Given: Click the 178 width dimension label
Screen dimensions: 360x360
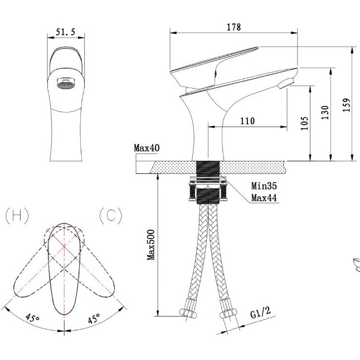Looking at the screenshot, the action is click(234, 27).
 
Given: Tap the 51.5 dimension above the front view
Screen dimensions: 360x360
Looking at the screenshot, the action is click(66, 32).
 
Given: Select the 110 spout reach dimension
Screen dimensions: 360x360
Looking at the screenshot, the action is click(247, 121).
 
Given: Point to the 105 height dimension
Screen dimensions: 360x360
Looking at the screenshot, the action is click(304, 123).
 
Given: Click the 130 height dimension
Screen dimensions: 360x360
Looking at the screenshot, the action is click(325, 112).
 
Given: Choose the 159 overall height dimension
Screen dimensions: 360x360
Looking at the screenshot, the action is click(347, 105).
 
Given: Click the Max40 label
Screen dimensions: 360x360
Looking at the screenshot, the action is click(147, 148).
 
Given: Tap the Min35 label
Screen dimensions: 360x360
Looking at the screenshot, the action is click(264, 186).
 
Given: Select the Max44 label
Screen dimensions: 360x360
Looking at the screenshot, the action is click(264, 198).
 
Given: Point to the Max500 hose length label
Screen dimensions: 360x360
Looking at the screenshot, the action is click(151, 245).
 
